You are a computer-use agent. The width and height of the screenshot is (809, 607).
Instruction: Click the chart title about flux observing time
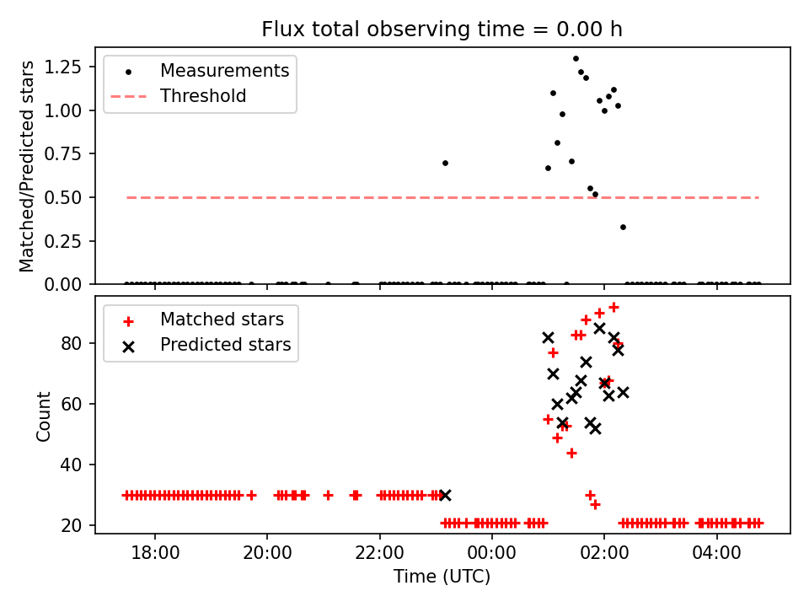(x=442, y=30)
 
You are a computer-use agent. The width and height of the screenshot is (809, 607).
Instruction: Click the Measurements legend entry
(x=224, y=71)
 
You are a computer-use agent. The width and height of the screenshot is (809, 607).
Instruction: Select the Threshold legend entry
(x=203, y=96)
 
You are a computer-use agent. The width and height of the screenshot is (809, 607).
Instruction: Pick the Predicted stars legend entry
(x=226, y=345)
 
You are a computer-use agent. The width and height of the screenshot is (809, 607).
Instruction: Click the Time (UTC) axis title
(x=442, y=577)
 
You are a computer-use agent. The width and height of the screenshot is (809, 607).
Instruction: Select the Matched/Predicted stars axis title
(x=28, y=166)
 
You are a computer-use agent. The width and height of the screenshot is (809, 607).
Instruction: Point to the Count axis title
(x=43, y=416)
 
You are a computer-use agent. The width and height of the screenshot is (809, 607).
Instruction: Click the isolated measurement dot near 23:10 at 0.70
(x=445, y=163)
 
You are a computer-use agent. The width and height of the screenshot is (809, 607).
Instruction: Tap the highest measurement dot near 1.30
(x=576, y=59)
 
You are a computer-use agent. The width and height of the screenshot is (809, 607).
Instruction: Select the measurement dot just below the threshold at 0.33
(x=623, y=227)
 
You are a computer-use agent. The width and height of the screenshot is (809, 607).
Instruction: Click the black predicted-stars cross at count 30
(x=445, y=495)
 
